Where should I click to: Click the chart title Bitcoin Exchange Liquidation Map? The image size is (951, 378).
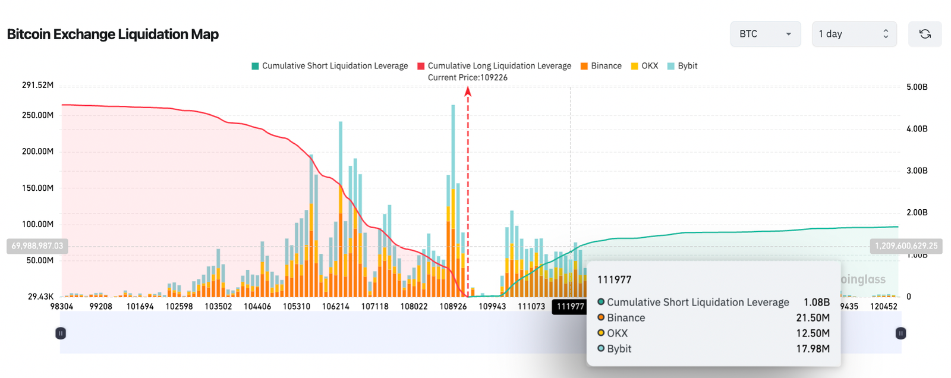pos(113,34)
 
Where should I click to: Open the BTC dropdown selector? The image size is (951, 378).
pos(765,34)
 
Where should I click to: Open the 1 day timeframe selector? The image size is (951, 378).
pos(854,34)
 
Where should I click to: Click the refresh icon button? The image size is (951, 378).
pos(924,34)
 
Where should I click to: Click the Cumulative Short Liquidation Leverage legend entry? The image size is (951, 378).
pos(330,66)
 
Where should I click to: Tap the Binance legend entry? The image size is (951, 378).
pos(601,66)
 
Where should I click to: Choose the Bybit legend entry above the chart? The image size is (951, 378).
pos(682,66)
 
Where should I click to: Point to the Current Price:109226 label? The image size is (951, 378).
pos(468,78)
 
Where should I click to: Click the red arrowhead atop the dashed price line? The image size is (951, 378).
pos(468,91)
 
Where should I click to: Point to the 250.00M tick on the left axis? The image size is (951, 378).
pos(37,115)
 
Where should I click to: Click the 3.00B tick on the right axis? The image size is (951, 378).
pos(917,171)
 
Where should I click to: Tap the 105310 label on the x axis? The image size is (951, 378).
pos(297,307)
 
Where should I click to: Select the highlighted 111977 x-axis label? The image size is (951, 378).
pos(570,307)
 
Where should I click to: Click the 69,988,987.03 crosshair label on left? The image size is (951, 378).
pos(37,246)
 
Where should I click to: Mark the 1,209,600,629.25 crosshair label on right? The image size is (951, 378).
pos(906,246)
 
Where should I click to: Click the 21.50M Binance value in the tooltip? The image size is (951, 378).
pos(813,318)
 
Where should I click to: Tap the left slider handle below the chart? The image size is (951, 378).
pos(61,333)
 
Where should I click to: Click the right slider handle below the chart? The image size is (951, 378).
pos(900,333)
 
